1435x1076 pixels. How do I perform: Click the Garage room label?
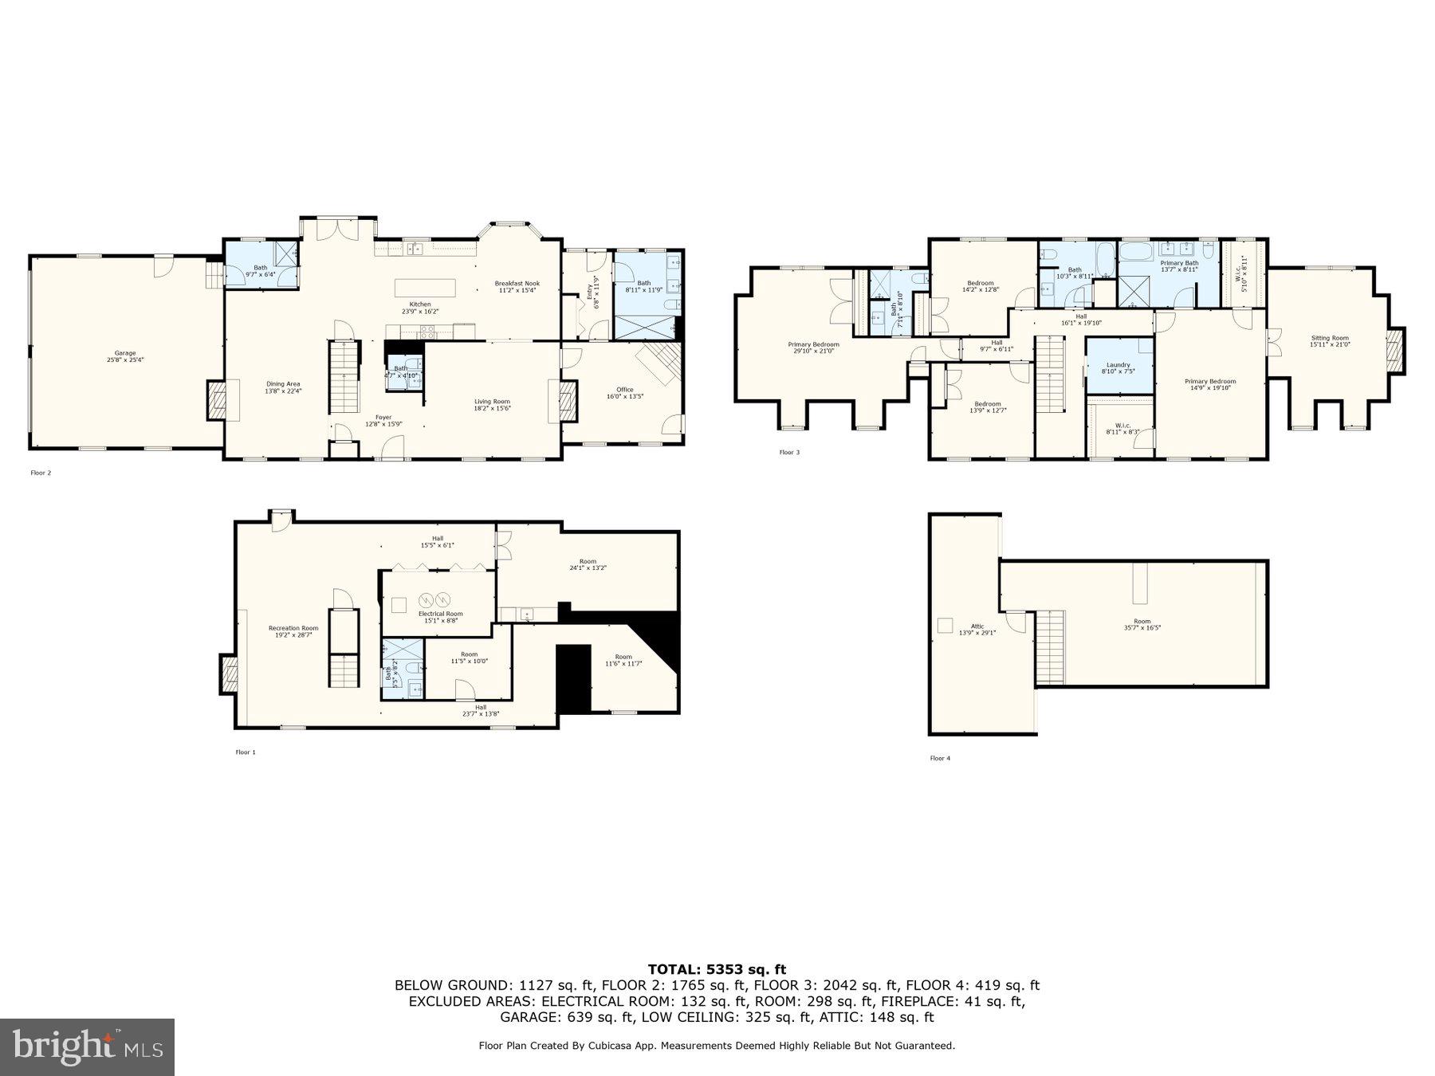pyautogui.click(x=125, y=355)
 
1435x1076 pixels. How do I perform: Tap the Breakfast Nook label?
pyautogui.click(x=517, y=286)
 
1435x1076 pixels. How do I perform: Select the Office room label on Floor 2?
pyautogui.click(x=624, y=392)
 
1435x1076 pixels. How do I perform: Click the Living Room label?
pyautogui.click(x=492, y=404)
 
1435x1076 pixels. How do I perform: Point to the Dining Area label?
pyautogui.click(x=283, y=387)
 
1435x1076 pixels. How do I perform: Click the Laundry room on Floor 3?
pyautogui.click(x=1118, y=367)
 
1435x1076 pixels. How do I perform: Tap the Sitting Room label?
pyautogui.click(x=1330, y=340)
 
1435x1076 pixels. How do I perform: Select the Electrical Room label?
pyautogui.click(x=440, y=616)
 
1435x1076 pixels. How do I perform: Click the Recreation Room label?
pyautogui.click(x=293, y=630)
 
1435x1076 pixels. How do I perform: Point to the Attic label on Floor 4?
pyautogui.click(x=977, y=629)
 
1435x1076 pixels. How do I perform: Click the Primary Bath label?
pyautogui.click(x=1179, y=265)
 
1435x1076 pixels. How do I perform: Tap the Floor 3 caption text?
pyautogui.click(x=788, y=453)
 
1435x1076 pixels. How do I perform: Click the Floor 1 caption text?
pyautogui.click(x=246, y=752)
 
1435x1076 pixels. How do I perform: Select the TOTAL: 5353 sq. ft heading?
pyautogui.click(x=716, y=969)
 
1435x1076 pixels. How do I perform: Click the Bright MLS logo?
pyautogui.click(x=87, y=1047)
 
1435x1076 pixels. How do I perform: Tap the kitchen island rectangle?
pyautogui.click(x=426, y=287)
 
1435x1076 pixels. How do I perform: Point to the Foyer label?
pyautogui.click(x=383, y=420)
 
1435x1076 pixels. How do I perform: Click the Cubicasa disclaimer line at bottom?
pyautogui.click(x=716, y=1046)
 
